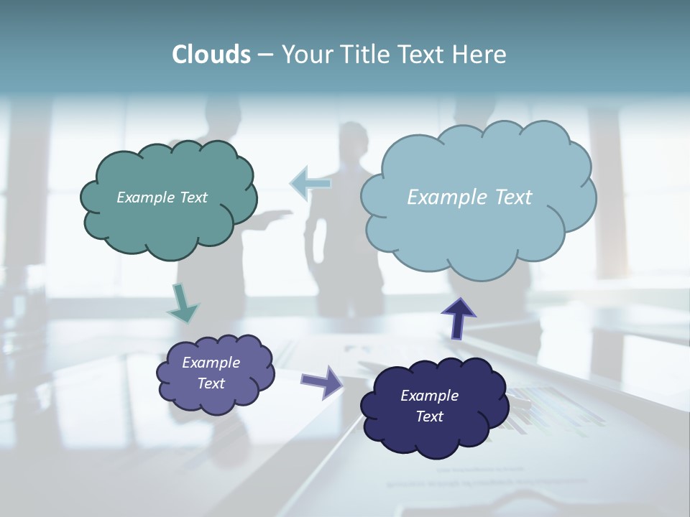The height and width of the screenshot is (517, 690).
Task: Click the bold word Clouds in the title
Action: click(x=211, y=55)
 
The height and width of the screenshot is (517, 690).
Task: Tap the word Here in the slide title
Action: click(x=481, y=55)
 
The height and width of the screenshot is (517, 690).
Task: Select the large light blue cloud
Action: click(x=478, y=230)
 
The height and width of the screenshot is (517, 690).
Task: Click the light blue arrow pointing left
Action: click(x=310, y=183)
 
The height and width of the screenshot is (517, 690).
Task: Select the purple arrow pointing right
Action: click(x=322, y=381)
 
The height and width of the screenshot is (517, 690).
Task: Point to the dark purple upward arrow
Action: click(x=458, y=317)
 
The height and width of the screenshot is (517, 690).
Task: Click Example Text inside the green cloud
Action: click(x=162, y=197)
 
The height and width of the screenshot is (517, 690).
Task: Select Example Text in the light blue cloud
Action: click(x=469, y=197)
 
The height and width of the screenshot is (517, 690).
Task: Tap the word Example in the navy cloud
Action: click(x=429, y=396)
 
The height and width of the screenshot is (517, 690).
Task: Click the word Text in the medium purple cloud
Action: click(x=211, y=383)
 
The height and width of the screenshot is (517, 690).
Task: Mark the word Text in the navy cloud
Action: click(x=429, y=416)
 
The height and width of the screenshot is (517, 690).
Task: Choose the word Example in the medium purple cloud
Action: click(x=211, y=363)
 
